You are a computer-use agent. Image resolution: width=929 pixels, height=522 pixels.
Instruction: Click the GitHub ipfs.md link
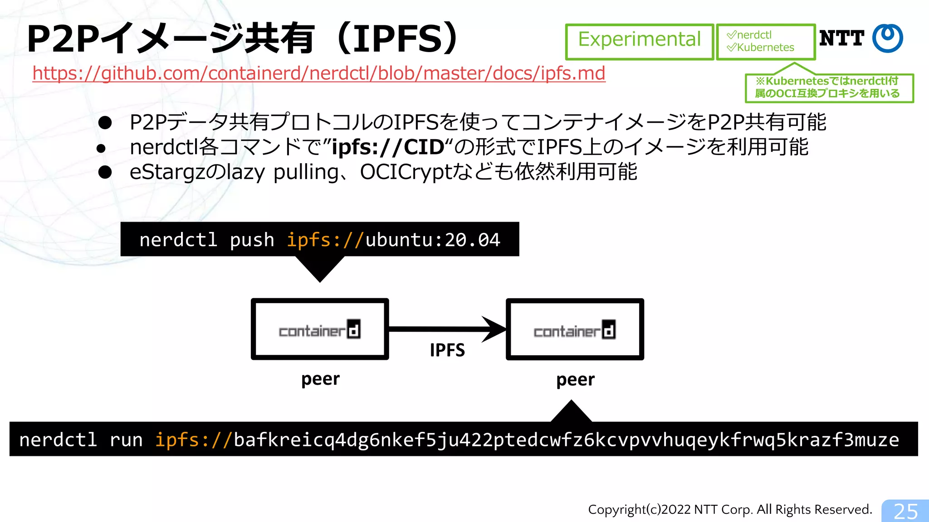click(x=318, y=73)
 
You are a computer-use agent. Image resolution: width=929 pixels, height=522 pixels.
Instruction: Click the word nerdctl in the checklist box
click(x=754, y=35)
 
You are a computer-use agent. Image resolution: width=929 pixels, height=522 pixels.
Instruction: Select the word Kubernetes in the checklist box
click(x=765, y=48)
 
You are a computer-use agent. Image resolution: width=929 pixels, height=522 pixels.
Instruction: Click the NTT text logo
click(x=841, y=39)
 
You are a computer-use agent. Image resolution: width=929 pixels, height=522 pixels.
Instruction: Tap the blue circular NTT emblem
click(x=888, y=38)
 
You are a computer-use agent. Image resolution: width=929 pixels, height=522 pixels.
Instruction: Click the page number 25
click(x=905, y=512)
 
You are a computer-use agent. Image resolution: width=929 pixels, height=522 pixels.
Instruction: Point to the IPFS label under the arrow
click(x=447, y=350)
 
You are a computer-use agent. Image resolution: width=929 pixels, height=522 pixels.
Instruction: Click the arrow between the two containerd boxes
click(x=447, y=329)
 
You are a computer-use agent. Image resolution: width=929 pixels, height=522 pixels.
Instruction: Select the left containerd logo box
click(x=320, y=329)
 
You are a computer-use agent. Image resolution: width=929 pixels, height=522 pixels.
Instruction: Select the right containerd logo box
click(x=575, y=329)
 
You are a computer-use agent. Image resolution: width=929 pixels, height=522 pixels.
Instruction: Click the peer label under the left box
click(x=320, y=379)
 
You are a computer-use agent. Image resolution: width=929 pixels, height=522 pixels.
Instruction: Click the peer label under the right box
click(x=575, y=380)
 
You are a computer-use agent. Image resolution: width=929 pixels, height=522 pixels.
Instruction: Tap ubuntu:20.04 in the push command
click(x=432, y=240)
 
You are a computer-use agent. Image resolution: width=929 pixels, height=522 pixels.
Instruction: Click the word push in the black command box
click(x=252, y=240)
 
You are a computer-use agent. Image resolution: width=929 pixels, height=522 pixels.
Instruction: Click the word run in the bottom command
click(x=126, y=440)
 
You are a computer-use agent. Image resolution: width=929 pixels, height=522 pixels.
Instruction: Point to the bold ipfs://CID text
click(x=388, y=147)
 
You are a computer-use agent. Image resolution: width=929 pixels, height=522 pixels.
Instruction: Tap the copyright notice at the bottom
click(x=730, y=510)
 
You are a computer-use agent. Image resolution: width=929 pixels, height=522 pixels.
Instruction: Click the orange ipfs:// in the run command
click(x=194, y=440)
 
